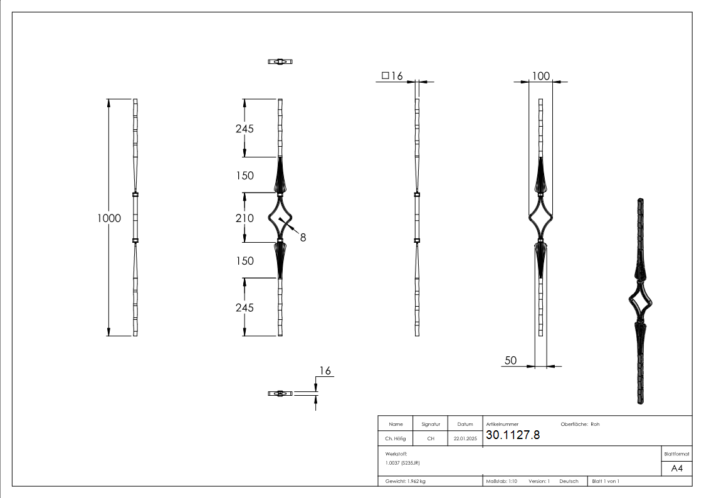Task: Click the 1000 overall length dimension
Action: tap(109, 218)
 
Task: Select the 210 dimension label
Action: tap(244, 218)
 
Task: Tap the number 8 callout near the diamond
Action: tap(303, 237)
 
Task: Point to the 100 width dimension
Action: tap(540, 76)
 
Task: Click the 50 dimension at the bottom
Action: tap(510, 360)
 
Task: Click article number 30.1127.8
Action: tap(513, 435)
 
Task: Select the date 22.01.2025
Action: tap(465, 439)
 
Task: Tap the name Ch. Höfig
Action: tap(396, 439)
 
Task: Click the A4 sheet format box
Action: tap(677, 469)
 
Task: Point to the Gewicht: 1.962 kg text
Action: tap(406, 481)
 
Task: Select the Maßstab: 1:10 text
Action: tap(502, 481)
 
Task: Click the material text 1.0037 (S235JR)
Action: tap(402, 463)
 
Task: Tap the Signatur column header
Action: tap(431, 424)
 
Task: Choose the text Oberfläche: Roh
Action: tap(580, 424)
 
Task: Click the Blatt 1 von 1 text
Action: tap(606, 481)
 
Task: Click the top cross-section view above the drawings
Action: tap(281, 61)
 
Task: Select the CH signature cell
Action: tap(431, 439)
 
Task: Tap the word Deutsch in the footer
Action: tap(569, 481)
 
